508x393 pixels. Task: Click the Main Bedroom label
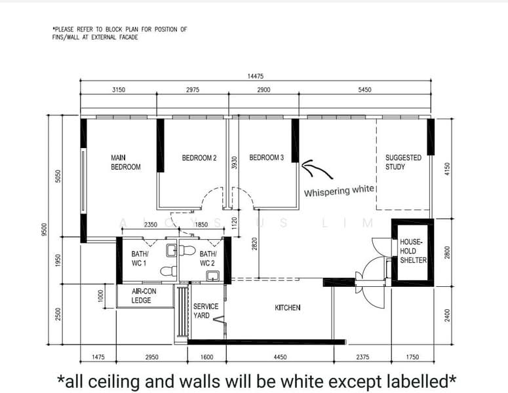(x=126, y=162)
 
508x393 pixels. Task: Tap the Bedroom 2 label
(x=199, y=158)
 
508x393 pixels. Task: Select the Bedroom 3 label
(x=266, y=158)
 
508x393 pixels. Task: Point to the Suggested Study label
(x=403, y=162)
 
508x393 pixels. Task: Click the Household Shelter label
(x=413, y=251)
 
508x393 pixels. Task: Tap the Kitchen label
(x=287, y=308)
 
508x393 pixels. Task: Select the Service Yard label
(x=206, y=310)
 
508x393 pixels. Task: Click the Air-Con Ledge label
(x=144, y=296)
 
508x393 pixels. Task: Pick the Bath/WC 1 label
(x=140, y=259)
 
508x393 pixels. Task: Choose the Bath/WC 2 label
(x=208, y=259)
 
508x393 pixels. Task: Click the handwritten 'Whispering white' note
(x=339, y=191)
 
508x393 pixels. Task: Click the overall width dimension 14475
(x=255, y=76)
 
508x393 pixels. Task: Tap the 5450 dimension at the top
(x=364, y=90)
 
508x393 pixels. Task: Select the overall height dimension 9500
(x=45, y=229)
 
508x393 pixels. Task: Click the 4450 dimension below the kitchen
(x=280, y=357)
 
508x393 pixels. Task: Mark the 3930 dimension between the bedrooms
(x=235, y=162)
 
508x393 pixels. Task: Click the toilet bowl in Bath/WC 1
(x=168, y=271)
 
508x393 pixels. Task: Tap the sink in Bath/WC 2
(x=212, y=276)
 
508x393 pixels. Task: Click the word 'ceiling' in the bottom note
(x=113, y=382)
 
